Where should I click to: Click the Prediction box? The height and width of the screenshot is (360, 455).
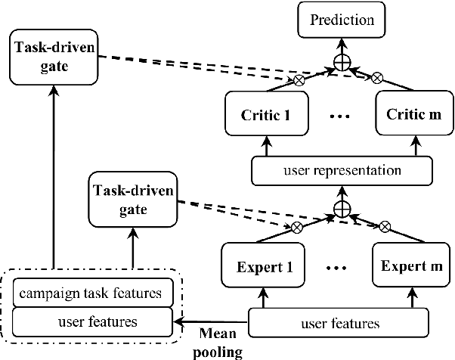[x=339, y=20]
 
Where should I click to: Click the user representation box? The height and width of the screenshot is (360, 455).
[x=338, y=172]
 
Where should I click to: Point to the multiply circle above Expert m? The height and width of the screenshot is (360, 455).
[x=384, y=225]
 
